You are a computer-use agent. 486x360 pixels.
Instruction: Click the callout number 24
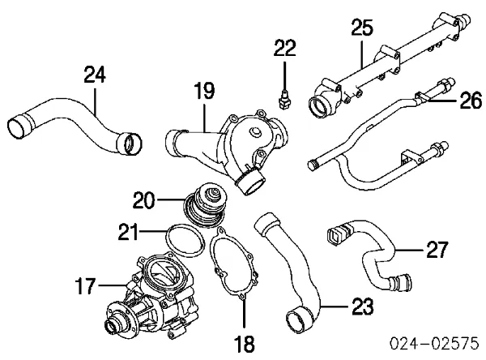[94, 76]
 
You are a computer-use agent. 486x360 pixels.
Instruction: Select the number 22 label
[283, 49]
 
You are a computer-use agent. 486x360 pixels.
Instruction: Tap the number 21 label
[130, 234]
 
